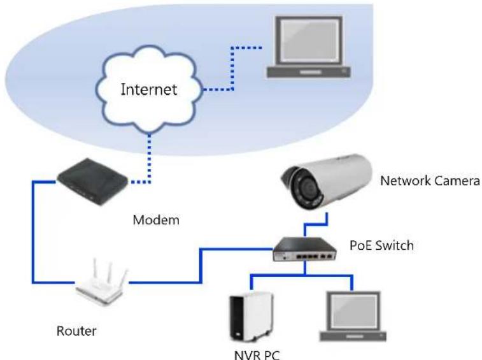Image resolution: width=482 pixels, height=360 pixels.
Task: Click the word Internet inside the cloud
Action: click(149, 90)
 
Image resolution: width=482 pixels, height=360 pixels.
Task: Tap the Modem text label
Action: click(156, 220)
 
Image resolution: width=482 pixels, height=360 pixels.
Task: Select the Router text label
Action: click(76, 331)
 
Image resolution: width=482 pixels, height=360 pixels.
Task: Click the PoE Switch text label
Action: click(382, 245)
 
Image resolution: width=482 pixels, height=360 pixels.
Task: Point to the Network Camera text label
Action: click(430, 180)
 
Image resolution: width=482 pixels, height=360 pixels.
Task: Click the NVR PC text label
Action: click(257, 355)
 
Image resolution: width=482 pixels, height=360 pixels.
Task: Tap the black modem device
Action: click(92, 181)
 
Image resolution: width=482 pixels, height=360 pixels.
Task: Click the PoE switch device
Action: click(304, 249)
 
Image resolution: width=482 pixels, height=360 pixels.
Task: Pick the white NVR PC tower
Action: click(252, 317)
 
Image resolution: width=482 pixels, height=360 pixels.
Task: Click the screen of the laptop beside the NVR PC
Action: click(353, 312)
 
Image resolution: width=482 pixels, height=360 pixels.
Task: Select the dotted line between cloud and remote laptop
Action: click(232, 68)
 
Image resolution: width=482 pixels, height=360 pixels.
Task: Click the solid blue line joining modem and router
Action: click(33, 231)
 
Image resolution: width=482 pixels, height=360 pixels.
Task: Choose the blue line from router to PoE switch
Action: click(201, 265)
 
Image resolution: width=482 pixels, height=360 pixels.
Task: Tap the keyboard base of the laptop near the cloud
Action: click(308, 72)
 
